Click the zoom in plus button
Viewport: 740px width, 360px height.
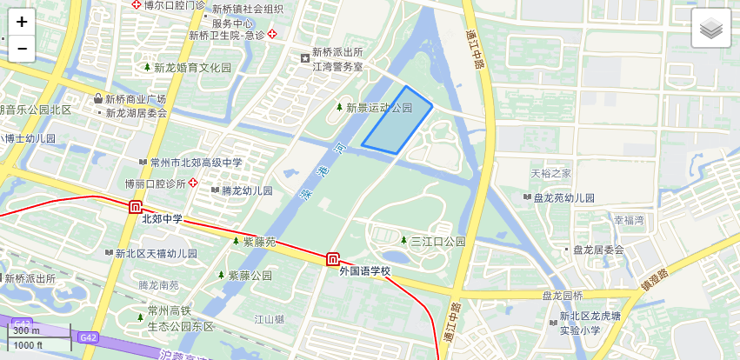tap(22, 22)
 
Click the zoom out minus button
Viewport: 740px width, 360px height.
tap(22, 49)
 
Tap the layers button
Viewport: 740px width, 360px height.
tap(711, 30)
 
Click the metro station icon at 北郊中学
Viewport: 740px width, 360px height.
tap(136, 207)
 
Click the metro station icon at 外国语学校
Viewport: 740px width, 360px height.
tap(333, 259)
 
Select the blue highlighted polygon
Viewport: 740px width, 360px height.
tap(398, 122)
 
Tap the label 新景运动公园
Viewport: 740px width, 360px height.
tap(379, 108)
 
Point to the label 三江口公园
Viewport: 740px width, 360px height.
tap(437, 241)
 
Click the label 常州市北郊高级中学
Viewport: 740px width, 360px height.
tap(196, 163)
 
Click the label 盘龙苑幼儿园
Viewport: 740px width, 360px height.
tap(563, 198)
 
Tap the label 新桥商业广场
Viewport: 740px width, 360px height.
tap(136, 99)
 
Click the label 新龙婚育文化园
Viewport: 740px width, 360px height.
tap(193, 68)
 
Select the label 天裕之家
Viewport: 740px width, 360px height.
tap(551, 174)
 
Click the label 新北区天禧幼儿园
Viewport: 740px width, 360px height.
tap(156, 254)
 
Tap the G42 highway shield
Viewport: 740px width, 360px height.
tap(87, 337)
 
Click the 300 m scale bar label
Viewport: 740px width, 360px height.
tap(26, 330)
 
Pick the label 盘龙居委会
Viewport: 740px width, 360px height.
tap(598, 250)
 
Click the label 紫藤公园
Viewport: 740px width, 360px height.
tap(250, 276)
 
